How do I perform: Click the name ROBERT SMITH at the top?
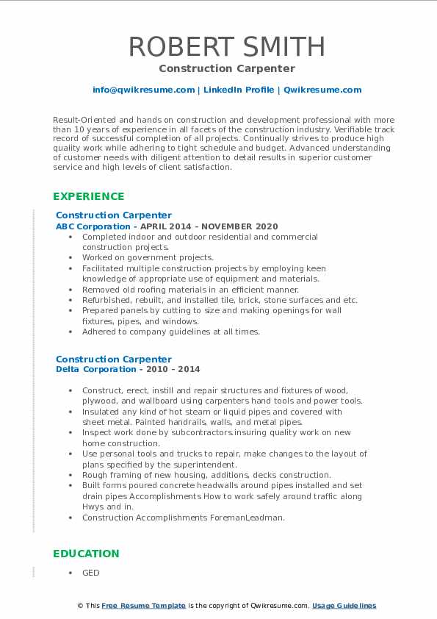pyautogui.click(x=226, y=47)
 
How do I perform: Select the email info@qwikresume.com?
pyautogui.click(x=143, y=90)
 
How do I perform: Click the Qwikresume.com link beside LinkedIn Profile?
pyautogui.click(x=322, y=90)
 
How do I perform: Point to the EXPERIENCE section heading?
pyautogui.click(x=88, y=196)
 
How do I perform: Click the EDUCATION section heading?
pyautogui.click(x=85, y=554)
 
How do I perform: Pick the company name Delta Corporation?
pyautogui.click(x=85, y=369)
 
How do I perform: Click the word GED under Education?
pyautogui.click(x=90, y=573)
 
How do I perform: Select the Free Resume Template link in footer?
pyautogui.click(x=144, y=606)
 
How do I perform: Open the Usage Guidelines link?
pyautogui.click(x=344, y=606)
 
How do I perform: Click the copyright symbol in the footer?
pyautogui.click(x=81, y=606)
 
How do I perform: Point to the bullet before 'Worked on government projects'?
pyautogui.click(x=69, y=258)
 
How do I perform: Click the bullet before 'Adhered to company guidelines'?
pyautogui.click(x=69, y=332)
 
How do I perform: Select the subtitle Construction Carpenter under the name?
pyautogui.click(x=226, y=68)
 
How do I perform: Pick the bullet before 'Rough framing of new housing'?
pyautogui.click(x=69, y=475)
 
